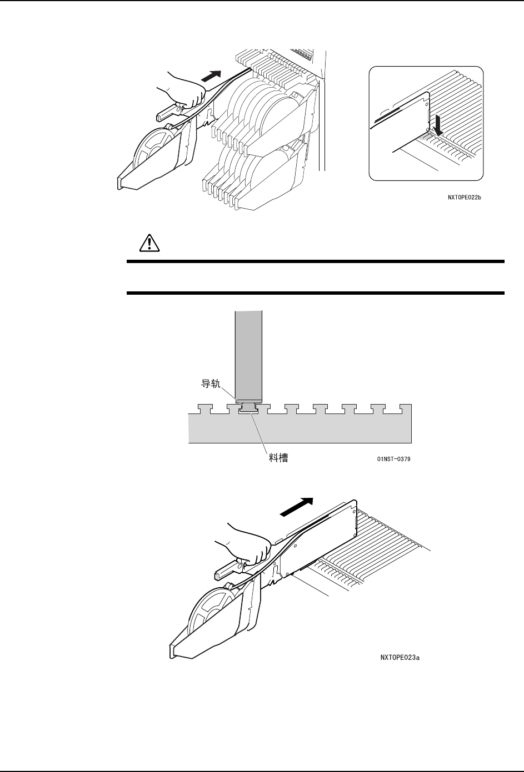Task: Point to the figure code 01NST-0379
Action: pos(390,460)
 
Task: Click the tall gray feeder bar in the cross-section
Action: pos(247,355)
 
